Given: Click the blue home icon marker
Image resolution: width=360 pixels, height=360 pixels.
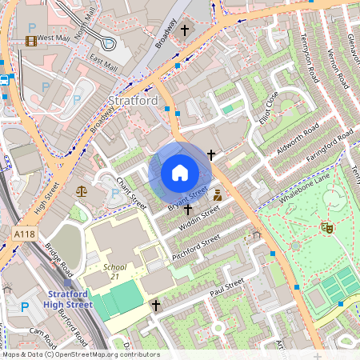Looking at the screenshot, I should point(180,172).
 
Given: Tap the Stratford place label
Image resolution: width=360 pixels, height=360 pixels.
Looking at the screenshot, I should point(132,101).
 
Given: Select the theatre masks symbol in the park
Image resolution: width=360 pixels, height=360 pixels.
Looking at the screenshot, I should point(326,227).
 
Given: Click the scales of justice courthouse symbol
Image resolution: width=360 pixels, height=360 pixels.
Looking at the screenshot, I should point(82,191).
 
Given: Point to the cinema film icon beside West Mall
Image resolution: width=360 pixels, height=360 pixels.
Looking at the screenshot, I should point(30,40).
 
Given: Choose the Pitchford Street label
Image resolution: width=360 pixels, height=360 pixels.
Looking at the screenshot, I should point(195,248).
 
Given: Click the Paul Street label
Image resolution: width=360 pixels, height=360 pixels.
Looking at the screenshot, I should point(226,288).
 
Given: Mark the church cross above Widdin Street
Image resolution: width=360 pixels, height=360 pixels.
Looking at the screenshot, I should point(189,210).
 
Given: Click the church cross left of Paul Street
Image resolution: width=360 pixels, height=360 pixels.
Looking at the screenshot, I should point(156,305).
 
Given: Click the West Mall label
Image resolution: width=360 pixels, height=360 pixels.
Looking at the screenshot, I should point(54,38).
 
